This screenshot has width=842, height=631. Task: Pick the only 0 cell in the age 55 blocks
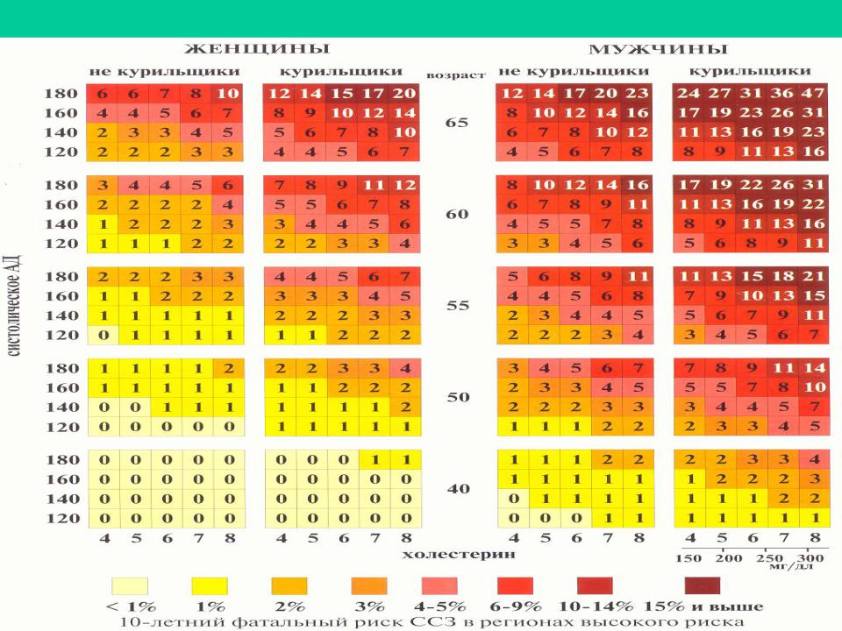[x=103, y=334]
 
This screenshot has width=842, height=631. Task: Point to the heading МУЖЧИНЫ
[x=658, y=49]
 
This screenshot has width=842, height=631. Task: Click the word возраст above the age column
[x=456, y=75]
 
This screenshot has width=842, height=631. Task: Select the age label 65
[x=458, y=123]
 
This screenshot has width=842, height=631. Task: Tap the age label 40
[x=458, y=488]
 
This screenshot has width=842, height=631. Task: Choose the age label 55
[x=458, y=306]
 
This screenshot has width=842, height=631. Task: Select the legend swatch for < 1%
[x=130, y=585]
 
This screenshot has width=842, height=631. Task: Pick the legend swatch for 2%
[x=289, y=585]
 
